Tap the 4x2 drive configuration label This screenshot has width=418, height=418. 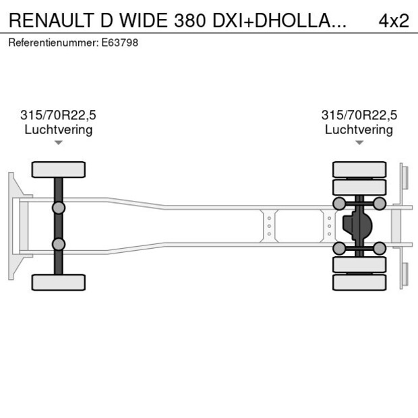tap(394, 20)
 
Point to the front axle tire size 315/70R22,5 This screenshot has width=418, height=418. tap(58, 115)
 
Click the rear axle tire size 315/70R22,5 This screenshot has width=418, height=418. tap(359, 115)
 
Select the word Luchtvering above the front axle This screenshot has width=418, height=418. tap(58, 129)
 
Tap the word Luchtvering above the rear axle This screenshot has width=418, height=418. tap(359, 129)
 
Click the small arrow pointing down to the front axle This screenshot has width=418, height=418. tap(59, 142)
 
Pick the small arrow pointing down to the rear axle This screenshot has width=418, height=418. tap(359, 142)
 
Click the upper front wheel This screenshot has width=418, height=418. tap(59, 169)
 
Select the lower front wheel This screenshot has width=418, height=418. tap(59, 282)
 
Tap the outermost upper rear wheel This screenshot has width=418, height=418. tap(359, 169)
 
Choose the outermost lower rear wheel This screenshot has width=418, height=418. tap(359, 282)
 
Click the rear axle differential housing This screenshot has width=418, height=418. tap(357, 226)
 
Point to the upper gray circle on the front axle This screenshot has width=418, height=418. tap(59, 208)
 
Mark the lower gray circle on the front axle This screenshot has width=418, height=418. tap(59, 244)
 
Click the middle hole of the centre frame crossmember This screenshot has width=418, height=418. tap(269, 226)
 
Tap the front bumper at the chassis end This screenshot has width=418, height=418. tap(12, 226)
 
